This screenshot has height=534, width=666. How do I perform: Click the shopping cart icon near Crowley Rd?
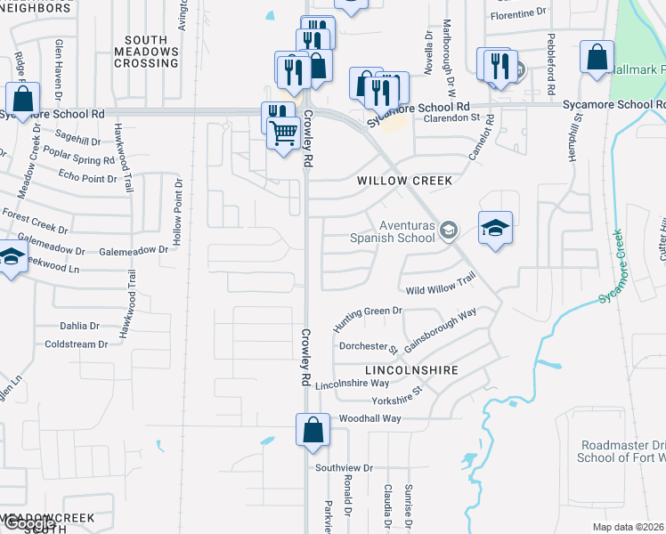(283, 133)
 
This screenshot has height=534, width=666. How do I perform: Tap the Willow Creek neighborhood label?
(405, 181)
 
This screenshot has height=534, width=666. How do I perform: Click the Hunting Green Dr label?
(368, 319)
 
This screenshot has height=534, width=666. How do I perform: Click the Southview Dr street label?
(343, 467)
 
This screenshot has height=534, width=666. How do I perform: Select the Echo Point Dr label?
(87, 179)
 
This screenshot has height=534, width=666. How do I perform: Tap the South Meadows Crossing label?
(146, 52)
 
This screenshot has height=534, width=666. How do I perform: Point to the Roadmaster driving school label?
(622, 451)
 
